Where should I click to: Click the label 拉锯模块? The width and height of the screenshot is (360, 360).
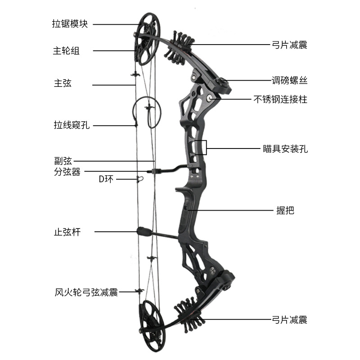70,24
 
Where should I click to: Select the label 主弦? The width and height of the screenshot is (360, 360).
63,83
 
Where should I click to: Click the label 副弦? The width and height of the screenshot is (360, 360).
63,161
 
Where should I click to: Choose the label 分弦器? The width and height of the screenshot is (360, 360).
67,171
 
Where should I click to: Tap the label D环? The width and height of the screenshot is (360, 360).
106,180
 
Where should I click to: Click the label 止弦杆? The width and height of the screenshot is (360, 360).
67,232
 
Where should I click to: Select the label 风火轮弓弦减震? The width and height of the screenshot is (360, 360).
86,292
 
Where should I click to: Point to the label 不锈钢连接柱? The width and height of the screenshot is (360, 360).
280,99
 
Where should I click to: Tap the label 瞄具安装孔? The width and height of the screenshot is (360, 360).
285,149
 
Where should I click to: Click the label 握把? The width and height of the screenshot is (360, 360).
285,210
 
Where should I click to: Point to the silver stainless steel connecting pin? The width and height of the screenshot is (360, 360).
210,97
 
